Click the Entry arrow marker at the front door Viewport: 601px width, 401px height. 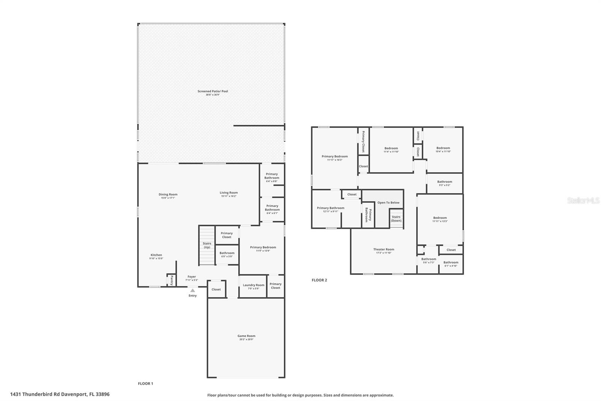point(192,290)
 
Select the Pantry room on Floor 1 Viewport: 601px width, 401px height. point(171,280)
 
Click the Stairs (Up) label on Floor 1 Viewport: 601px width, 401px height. point(207,245)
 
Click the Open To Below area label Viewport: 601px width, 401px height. point(388,202)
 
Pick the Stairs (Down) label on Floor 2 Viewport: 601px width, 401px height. point(396,219)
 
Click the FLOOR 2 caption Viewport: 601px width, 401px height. point(319,280)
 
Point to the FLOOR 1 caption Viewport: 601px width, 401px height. point(145,383)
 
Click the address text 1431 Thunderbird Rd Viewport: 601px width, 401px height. point(60,394)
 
